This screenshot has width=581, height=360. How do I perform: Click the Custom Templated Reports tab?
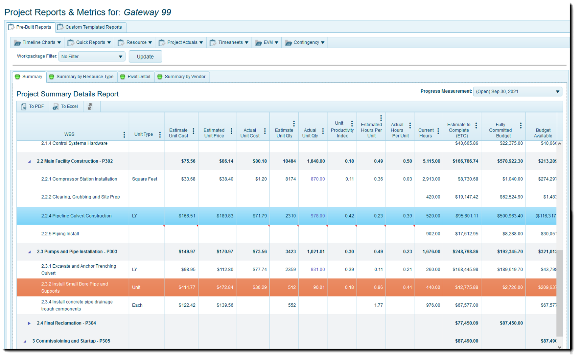pyautogui.click(x=91, y=27)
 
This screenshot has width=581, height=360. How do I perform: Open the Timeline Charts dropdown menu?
pyautogui.click(x=37, y=42)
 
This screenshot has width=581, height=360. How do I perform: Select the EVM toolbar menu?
pyautogui.click(x=267, y=42)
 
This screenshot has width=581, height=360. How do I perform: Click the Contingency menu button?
pyautogui.click(x=305, y=42)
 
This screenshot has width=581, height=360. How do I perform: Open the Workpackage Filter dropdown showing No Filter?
pyautogui.click(x=92, y=57)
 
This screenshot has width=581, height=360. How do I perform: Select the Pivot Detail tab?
pyautogui.click(x=136, y=77)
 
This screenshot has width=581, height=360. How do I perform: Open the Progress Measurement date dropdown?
pyautogui.click(x=517, y=92)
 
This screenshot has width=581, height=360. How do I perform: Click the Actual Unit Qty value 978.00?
pyautogui.click(x=317, y=216)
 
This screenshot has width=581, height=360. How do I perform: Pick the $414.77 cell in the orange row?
pyautogui.click(x=187, y=287)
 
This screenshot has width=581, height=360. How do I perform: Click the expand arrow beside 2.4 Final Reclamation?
pyautogui.click(x=29, y=323)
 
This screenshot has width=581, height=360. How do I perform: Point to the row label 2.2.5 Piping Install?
pyautogui.click(x=60, y=234)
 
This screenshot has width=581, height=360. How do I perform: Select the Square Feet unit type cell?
pyautogui.click(x=144, y=179)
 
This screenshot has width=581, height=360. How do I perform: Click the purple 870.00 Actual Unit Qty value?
pyautogui.click(x=317, y=179)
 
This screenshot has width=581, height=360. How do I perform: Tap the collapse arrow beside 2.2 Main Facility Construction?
pyautogui.click(x=30, y=161)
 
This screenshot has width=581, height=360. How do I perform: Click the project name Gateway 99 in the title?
pyautogui.click(x=147, y=12)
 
